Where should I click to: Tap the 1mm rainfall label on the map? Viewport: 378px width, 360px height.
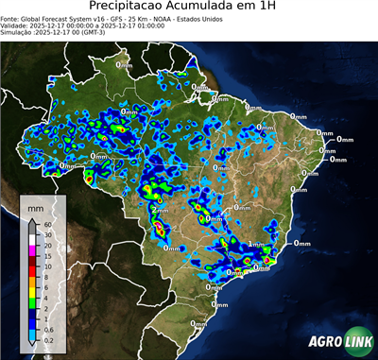pos(255,243)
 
